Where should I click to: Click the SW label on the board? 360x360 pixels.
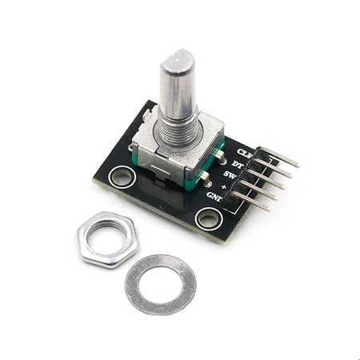tap(230, 174)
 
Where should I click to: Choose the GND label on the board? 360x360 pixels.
tap(214, 196)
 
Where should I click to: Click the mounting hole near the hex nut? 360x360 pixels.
tap(122, 176)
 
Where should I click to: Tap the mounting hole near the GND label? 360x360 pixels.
tap(207, 218)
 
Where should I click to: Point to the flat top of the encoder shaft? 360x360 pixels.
tap(178, 57)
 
